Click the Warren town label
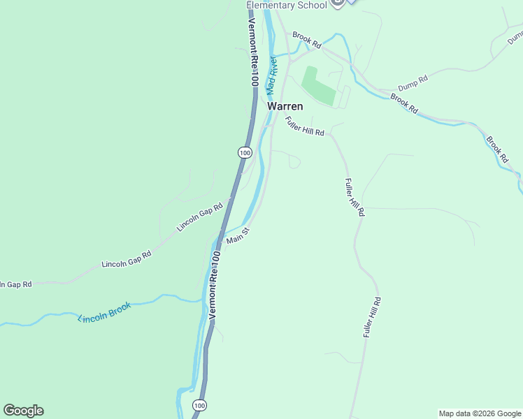click(285, 106)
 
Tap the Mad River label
click(272, 75)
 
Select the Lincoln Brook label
click(104, 312)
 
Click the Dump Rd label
click(412, 83)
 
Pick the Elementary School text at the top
click(286, 6)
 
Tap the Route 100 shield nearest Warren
click(243, 152)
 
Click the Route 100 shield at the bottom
click(200, 405)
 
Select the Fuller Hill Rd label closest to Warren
click(304, 126)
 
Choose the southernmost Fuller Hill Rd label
click(371, 318)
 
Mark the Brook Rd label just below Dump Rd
click(404, 104)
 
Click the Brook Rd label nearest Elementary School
click(306, 40)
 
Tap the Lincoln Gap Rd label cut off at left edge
click(15, 284)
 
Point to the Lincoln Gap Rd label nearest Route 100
click(199, 216)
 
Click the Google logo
click(23, 411)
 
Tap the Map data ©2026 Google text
click(480, 413)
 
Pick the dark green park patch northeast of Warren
click(318, 86)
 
